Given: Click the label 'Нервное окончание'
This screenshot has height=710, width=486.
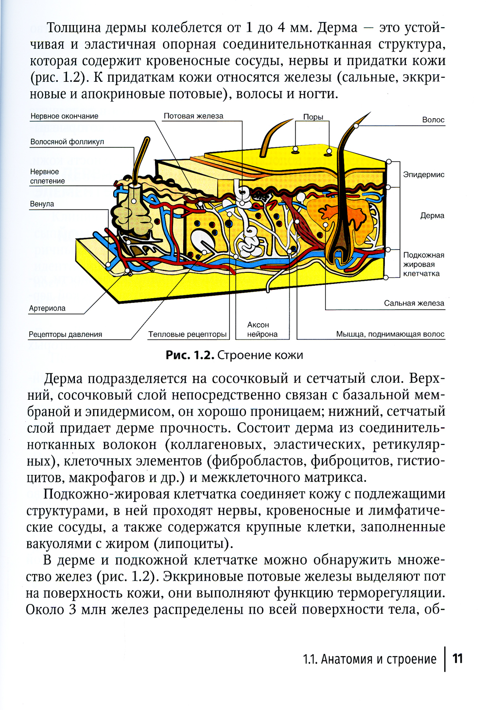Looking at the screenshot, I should [x=64, y=116].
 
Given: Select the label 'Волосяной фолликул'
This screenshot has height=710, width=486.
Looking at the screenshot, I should [x=67, y=142].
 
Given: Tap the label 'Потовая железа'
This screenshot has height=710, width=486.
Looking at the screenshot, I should [x=193, y=116].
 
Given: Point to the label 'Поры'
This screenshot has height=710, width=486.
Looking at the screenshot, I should [x=313, y=117].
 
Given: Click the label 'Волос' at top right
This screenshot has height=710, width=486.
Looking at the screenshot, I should [x=433, y=120].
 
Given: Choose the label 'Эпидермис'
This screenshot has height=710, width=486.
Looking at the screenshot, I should [x=423, y=175].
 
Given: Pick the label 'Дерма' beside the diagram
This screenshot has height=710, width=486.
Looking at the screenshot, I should [x=432, y=215].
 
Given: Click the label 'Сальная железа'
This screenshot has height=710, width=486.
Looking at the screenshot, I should [x=414, y=303].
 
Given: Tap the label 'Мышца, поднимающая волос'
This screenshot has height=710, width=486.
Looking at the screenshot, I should [x=390, y=334].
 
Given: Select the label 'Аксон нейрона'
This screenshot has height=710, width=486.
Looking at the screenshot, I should [x=262, y=329].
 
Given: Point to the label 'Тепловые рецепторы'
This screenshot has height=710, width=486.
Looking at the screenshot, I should [x=188, y=334].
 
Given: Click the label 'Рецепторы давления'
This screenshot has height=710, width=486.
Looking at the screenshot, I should [x=65, y=334].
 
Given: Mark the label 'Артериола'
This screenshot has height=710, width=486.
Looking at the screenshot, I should [x=47, y=308].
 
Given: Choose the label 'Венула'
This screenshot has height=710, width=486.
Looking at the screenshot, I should [x=42, y=204].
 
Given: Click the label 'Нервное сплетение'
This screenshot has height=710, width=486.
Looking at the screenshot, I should [x=47, y=176].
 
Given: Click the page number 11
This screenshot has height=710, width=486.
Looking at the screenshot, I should [x=457, y=658].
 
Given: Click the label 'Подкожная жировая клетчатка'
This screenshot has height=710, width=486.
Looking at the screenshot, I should [x=423, y=264].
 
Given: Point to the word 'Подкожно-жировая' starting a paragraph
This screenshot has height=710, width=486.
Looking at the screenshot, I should [x=107, y=494].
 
